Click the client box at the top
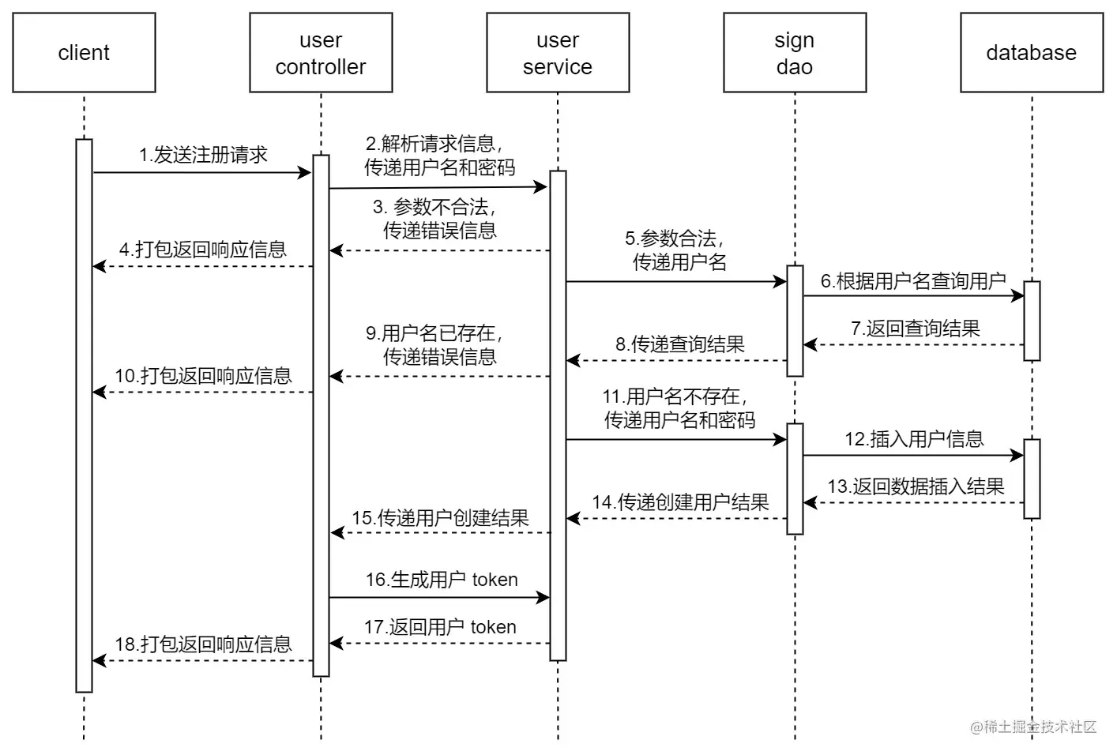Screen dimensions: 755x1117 click(84, 53)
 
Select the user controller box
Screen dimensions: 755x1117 click(321, 53)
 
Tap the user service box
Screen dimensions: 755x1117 click(558, 53)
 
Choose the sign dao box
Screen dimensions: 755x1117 click(795, 53)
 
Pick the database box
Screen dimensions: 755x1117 click(1032, 53)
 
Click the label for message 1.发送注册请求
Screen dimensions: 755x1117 click(203, 155)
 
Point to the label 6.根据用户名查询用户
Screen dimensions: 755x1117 click(913, 281)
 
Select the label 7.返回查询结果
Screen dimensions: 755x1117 click(915, 329)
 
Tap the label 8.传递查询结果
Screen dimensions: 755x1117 click(679, 344)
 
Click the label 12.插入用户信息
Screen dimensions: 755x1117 click(914, 439)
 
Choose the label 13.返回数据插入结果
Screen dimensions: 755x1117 click(916, 486)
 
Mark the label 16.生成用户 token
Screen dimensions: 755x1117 click(441, 580)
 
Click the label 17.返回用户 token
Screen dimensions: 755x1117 click(440, 627)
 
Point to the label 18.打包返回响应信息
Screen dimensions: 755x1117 click(203, 644)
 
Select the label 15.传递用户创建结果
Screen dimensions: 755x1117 click(440, 518)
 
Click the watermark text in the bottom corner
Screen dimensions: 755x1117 click(1033, 727)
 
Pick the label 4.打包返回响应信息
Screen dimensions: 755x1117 click(203, 250)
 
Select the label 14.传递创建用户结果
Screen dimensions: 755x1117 click(680, 502)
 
